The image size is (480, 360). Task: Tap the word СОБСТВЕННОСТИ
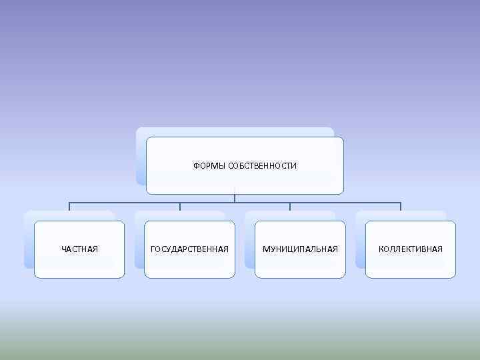click(x=262, y=165)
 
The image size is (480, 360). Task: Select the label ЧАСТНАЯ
click(x=79, y=249)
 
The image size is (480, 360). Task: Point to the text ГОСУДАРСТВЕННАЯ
click(x=190, y=249)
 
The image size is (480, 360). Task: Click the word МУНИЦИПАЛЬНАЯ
click(x=300, y=249)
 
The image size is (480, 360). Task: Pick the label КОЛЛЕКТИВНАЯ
click(x=411, y=249)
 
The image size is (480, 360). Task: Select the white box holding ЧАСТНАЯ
click(x=79, y=263)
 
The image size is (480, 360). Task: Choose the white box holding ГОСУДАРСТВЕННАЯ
click(x=190, y=263)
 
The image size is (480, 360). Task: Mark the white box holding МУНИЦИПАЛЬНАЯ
click(x=301, y=263)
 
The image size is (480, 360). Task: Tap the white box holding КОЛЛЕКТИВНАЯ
click(x=411, y=263)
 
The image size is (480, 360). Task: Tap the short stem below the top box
click(x=235, y=197)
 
